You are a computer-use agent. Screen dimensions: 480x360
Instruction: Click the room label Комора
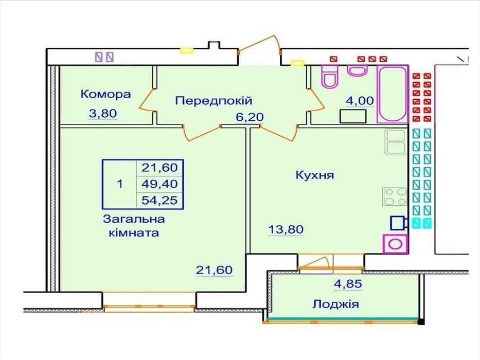pos(105,94)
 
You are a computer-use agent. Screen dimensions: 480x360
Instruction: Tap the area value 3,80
pos(103,114)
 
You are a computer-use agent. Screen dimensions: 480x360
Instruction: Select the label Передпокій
pos(214,101)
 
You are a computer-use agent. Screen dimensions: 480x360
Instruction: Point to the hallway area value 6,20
pos(250,117)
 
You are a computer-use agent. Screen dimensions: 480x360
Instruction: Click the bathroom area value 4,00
pos(360,100)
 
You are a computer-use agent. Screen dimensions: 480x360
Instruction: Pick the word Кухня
pos(315,175)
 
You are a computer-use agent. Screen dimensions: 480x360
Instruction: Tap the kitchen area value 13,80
pos(286,229)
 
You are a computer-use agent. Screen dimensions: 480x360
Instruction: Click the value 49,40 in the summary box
pos(159,184)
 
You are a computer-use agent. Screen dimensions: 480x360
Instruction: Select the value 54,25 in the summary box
pos(159,201)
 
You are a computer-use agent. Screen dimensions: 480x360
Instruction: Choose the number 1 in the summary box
pos(120,184)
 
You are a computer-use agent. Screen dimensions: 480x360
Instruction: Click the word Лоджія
pos(335,304)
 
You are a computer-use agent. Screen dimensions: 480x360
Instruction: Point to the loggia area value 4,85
pos(348,284)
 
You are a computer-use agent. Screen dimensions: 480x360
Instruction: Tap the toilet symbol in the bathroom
pos(329,77)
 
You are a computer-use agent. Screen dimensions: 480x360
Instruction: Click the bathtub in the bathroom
pos(393,94)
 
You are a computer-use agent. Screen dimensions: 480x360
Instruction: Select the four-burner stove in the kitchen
pos(395,196)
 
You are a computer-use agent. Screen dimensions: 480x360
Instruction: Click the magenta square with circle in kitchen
pos(395,244)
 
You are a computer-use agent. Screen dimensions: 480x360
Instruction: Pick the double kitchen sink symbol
pos(396,141)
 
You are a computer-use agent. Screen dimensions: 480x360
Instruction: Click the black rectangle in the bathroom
pos(353,116)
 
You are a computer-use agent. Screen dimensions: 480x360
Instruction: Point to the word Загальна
pos(134,219)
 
